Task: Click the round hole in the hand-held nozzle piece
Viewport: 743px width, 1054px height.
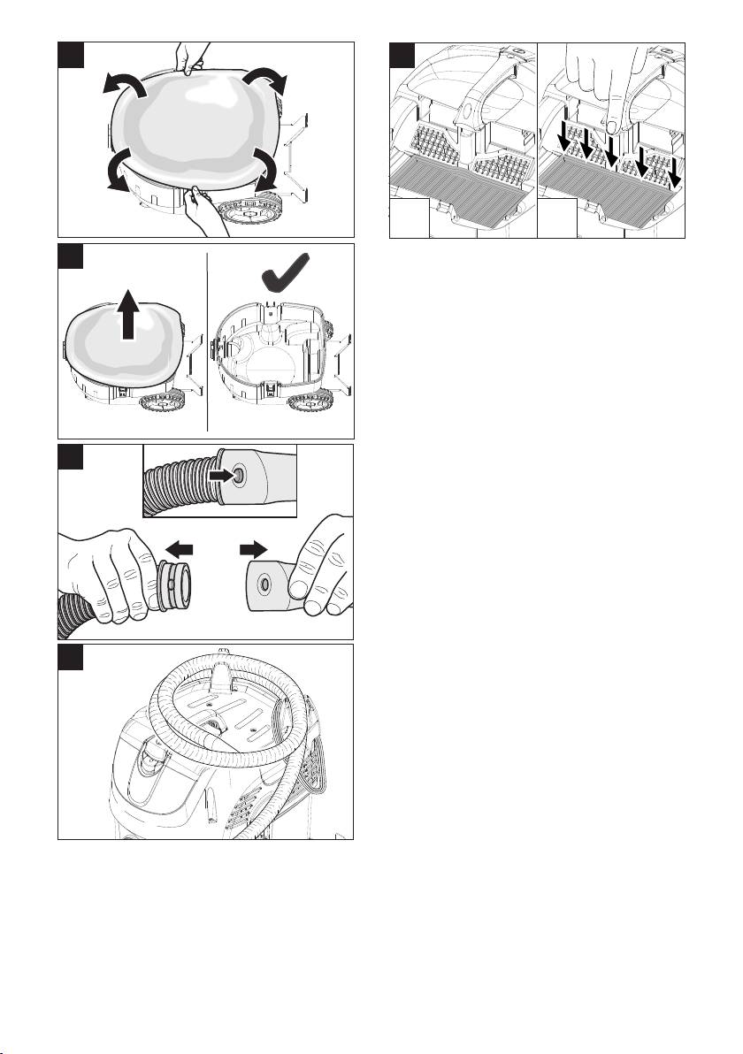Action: coord(264,584)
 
